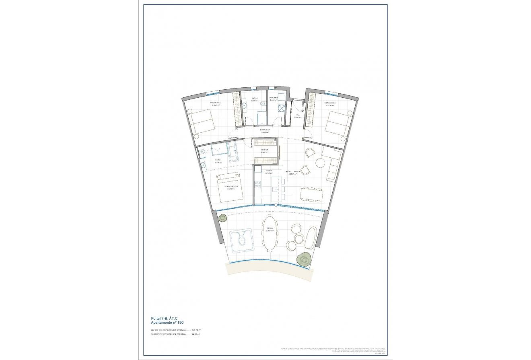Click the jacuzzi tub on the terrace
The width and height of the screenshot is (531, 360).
[x=241, y=240]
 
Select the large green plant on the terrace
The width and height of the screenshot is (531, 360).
[x=304, y=260]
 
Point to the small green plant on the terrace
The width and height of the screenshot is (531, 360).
[x=222, y=218]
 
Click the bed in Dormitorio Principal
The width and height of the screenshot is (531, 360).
[x=231, y=187]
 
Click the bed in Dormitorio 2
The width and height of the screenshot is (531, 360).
[x=202, y=121]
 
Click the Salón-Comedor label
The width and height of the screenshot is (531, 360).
[x=292, y=172]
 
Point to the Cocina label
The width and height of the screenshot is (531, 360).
[x=269, y=171]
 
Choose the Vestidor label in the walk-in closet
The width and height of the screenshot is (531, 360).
[x=264, y=150]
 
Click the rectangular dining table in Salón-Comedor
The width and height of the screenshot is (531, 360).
[x=311, y=195]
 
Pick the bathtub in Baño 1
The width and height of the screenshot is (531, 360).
[x=233, y=152]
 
